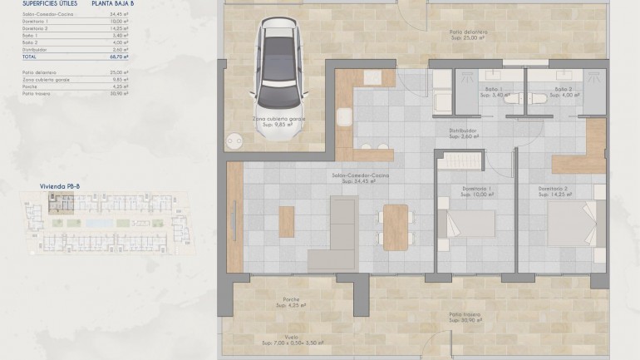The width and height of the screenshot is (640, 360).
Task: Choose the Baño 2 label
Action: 564,91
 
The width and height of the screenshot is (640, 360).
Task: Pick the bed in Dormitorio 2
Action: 572,222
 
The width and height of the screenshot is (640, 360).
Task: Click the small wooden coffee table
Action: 286,219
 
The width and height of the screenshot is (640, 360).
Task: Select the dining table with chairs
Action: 395,226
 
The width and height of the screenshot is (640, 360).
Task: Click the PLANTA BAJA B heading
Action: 113,4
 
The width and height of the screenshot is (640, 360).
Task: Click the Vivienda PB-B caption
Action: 60,186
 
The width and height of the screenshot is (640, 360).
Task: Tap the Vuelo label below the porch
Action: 290,340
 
